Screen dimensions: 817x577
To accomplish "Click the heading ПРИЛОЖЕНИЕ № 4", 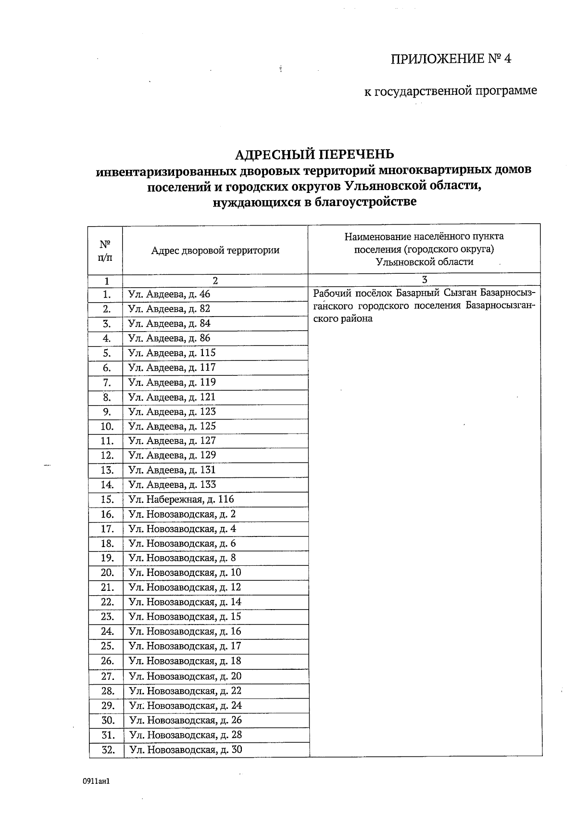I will (451, 59).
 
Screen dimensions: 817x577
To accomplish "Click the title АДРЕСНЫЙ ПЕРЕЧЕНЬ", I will (314, 154).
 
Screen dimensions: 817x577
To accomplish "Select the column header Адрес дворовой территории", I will (215, 250).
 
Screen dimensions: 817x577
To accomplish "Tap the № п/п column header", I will (105, 250).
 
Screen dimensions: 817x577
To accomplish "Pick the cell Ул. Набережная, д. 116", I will (181, 499).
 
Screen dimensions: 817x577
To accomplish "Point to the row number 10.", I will (107, 426).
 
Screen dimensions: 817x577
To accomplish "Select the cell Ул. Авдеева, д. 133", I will (172, 485).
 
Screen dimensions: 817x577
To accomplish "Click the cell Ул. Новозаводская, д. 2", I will (182, 514).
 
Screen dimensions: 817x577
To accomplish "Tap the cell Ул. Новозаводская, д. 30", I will (186, 750).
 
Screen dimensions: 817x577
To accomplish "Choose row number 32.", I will (108, 750).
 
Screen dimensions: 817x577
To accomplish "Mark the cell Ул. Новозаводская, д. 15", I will (185, 617).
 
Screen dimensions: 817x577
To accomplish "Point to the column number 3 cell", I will (424, 280).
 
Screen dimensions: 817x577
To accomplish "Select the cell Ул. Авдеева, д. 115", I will (172, 353).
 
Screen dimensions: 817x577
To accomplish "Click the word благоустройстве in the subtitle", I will (365, 202).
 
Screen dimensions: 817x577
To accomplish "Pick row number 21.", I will (107, 587).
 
